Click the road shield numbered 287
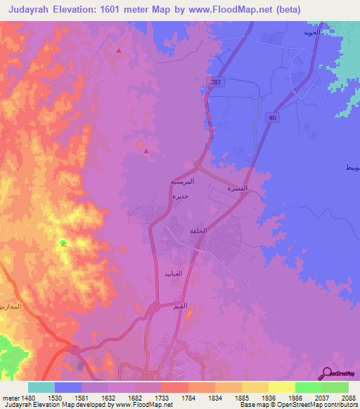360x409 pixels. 211,82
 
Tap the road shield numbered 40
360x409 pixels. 271,118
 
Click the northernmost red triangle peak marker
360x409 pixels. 118,51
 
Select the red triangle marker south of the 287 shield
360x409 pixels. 146,150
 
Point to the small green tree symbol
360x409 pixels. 63,243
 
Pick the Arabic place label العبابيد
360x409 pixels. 173,273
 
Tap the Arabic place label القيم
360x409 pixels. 180,307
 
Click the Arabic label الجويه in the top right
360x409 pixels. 311,32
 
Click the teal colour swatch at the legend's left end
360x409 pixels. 41,387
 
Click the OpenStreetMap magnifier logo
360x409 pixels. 326,375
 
